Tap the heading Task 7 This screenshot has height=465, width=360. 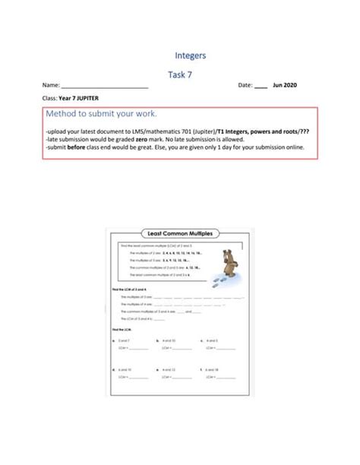click(x=180, y=74)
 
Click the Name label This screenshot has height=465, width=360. click(x=51, y=86)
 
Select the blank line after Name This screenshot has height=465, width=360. click(x=105, y=87)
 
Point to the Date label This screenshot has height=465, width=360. click(x=245, y=86)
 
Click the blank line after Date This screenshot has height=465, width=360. click(x=261, y=87)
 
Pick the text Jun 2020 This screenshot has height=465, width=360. click(x=285, y=86)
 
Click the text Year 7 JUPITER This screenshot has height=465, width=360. click(x=79, y=100)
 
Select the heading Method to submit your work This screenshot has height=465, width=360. click(x=101, y=115)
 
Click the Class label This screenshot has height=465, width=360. click(x=50, y=100)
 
